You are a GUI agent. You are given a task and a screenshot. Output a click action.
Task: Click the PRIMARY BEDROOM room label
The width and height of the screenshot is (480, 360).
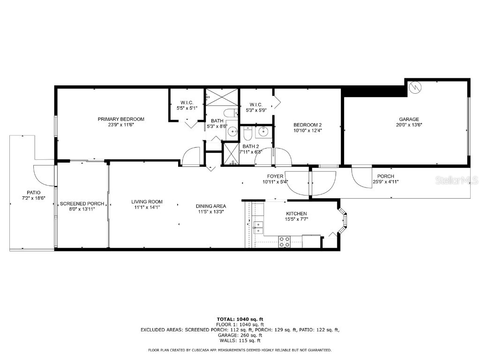tap(121, 119)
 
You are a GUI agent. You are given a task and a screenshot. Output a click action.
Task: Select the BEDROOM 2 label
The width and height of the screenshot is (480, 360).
tap(307, 125)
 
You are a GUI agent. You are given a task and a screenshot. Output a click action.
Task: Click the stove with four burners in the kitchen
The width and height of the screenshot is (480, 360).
tap(284, 242)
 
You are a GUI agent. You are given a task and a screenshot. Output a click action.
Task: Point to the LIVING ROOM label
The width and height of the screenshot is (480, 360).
tap(147, 202)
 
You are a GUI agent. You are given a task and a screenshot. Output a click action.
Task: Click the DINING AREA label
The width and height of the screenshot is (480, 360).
tap(211, 206)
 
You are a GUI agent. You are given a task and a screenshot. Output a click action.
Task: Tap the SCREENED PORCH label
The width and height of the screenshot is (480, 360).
tap(78, 204)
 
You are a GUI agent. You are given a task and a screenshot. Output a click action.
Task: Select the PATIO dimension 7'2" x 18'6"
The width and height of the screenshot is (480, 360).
tap(33, 198)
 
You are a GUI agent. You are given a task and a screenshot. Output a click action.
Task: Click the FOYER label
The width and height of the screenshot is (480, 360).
tap(275, 176)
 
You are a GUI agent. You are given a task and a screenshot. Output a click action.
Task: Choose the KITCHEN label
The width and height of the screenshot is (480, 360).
tap(297, 214)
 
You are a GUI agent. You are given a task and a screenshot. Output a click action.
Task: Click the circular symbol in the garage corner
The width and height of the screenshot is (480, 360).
tap(415, 87)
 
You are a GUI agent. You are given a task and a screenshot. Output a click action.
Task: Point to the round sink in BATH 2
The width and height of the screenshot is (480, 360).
tap(262, 131)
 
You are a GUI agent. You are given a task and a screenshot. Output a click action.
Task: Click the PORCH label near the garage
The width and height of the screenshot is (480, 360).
tap(385, 176)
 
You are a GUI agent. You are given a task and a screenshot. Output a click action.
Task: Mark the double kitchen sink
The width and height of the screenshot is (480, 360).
tap(257, 227)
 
